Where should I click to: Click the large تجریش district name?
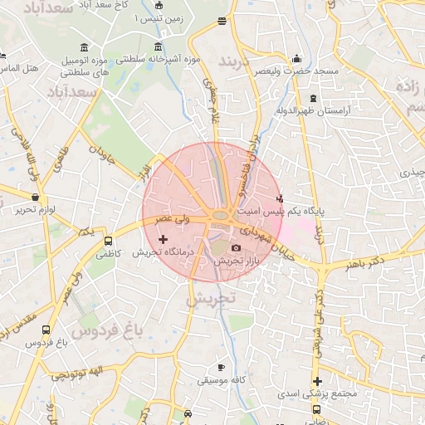click(x=212, y=297)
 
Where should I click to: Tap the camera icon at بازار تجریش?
click(x=237, y=248)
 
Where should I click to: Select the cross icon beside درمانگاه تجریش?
click(x=163, y=239)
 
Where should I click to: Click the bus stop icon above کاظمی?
click(x=108, y=242)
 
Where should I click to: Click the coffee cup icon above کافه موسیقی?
click(x=220, y=367)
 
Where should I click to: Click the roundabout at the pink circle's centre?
click(x=220, y=217)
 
